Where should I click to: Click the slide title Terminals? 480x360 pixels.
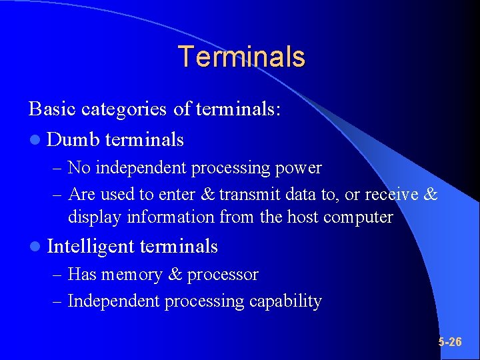pos(241,57)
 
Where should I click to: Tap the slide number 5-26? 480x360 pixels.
pos(450,342)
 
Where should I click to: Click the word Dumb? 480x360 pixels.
pos(73,139)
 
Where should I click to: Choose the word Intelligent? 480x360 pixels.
pos(91,247)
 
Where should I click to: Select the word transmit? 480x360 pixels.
pos(250,194)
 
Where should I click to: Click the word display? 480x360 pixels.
pos(91,217)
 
